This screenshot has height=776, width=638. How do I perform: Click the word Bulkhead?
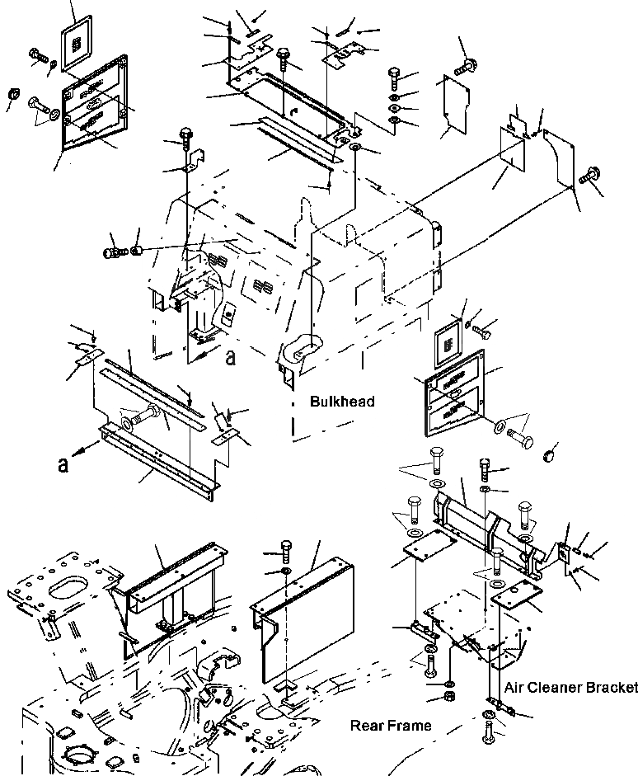coord(342,402)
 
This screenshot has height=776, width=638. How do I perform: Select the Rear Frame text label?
coord(391,726)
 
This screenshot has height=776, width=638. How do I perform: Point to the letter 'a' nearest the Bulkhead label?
coord(231,356)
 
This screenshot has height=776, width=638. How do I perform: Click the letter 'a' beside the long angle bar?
coord(63,464)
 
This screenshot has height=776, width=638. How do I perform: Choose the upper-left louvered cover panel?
coord(92,103)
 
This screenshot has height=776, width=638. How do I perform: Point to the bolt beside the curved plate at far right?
coord(589,176)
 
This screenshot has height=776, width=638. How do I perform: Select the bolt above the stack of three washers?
coord(394,81)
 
